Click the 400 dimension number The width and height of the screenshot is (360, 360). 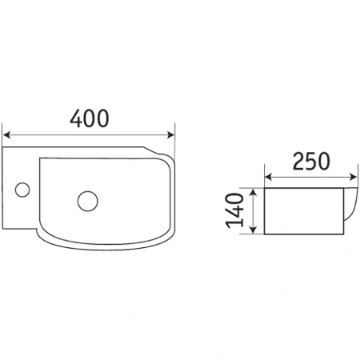[x=90, y=118]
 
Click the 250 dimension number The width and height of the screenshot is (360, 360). [x=311, y=162]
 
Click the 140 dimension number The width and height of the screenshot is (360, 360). [x=235, y=210]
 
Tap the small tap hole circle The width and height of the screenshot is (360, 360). [x=22, y=190]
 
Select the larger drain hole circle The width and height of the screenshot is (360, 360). [x=88, y=201]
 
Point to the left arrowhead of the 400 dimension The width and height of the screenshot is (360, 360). [x=6, y=135]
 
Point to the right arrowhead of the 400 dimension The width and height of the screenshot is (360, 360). [x=170, y=135]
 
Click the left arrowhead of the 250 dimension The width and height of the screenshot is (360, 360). [x=269, y=177]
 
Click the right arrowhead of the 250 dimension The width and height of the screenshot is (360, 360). [x=353, y=177]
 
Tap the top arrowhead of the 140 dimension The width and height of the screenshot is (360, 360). [x=254, y=192]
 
